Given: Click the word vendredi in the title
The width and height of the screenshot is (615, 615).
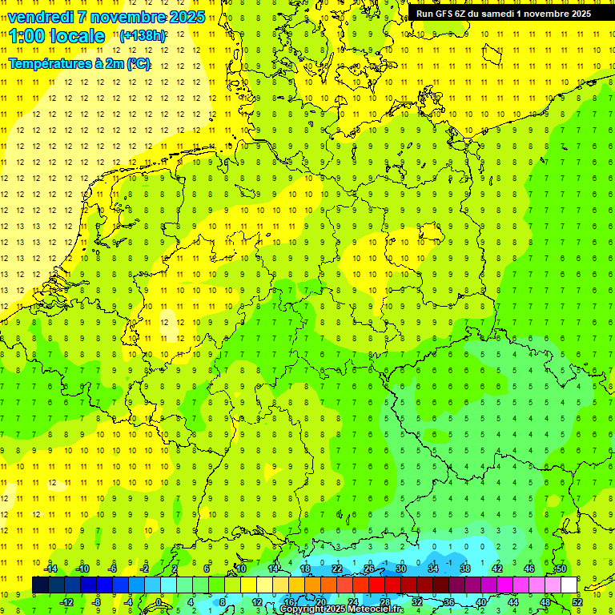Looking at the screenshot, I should (40, 18).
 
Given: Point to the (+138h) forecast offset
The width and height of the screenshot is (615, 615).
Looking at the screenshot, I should (143, 36).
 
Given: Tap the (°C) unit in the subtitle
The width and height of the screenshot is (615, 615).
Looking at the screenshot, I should (139, 63).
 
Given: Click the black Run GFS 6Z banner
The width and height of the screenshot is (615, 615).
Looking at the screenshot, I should (504, 13).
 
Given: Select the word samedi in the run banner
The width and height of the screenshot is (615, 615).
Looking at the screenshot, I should (512, 13).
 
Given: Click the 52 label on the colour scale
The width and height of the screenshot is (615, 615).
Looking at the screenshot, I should (577, 601).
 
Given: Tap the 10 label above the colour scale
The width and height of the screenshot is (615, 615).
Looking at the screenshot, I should (240, 569).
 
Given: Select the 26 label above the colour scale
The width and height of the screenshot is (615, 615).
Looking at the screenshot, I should (368, 569).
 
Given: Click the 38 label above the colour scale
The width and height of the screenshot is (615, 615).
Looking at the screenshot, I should (464, 569).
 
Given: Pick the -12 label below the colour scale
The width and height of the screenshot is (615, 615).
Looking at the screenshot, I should (66, 601).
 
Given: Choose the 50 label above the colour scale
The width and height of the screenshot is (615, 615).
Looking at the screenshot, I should (561, 569).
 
